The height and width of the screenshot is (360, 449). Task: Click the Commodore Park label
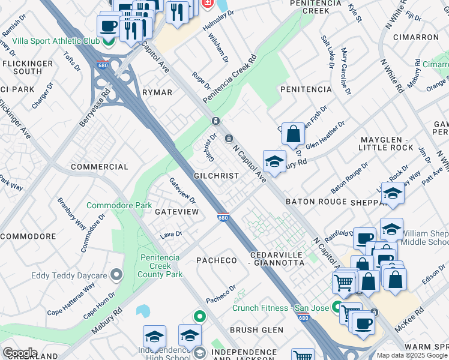(119, 205)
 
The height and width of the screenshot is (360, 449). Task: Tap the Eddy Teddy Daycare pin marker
(116, 275)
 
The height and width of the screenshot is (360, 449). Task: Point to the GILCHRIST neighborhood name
(217, 176)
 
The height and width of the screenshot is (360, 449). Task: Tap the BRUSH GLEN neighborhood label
(256, 330)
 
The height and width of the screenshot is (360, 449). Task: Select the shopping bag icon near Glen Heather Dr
(293, 134)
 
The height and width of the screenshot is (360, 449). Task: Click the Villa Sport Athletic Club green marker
(109, 41)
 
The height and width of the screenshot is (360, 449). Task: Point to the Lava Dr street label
(171, 234)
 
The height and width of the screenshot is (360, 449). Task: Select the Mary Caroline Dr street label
(345, 71)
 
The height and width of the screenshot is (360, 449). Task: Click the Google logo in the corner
(19, 353)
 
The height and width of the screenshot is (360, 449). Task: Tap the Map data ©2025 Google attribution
(412, 355)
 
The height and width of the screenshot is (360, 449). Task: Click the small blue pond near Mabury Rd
(143, 311)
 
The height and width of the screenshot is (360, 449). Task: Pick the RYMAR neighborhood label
(157, 92)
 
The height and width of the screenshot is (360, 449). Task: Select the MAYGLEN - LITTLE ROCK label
(386, 143)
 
